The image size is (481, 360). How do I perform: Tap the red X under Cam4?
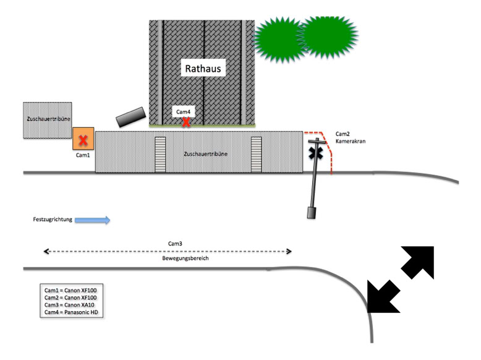185,122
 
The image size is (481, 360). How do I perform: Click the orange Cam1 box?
83,139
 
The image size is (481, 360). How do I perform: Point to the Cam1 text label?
83,155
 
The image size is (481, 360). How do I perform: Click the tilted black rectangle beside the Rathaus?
130,116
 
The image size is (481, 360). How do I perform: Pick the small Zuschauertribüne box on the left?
47,120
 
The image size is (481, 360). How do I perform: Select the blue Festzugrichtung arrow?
93,219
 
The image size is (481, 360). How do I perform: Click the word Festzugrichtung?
53,219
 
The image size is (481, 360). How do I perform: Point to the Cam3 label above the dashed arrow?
175,244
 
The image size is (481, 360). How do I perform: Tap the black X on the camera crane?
317,152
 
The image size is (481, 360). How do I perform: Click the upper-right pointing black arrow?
419,262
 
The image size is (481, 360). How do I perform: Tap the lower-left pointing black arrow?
382,296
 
